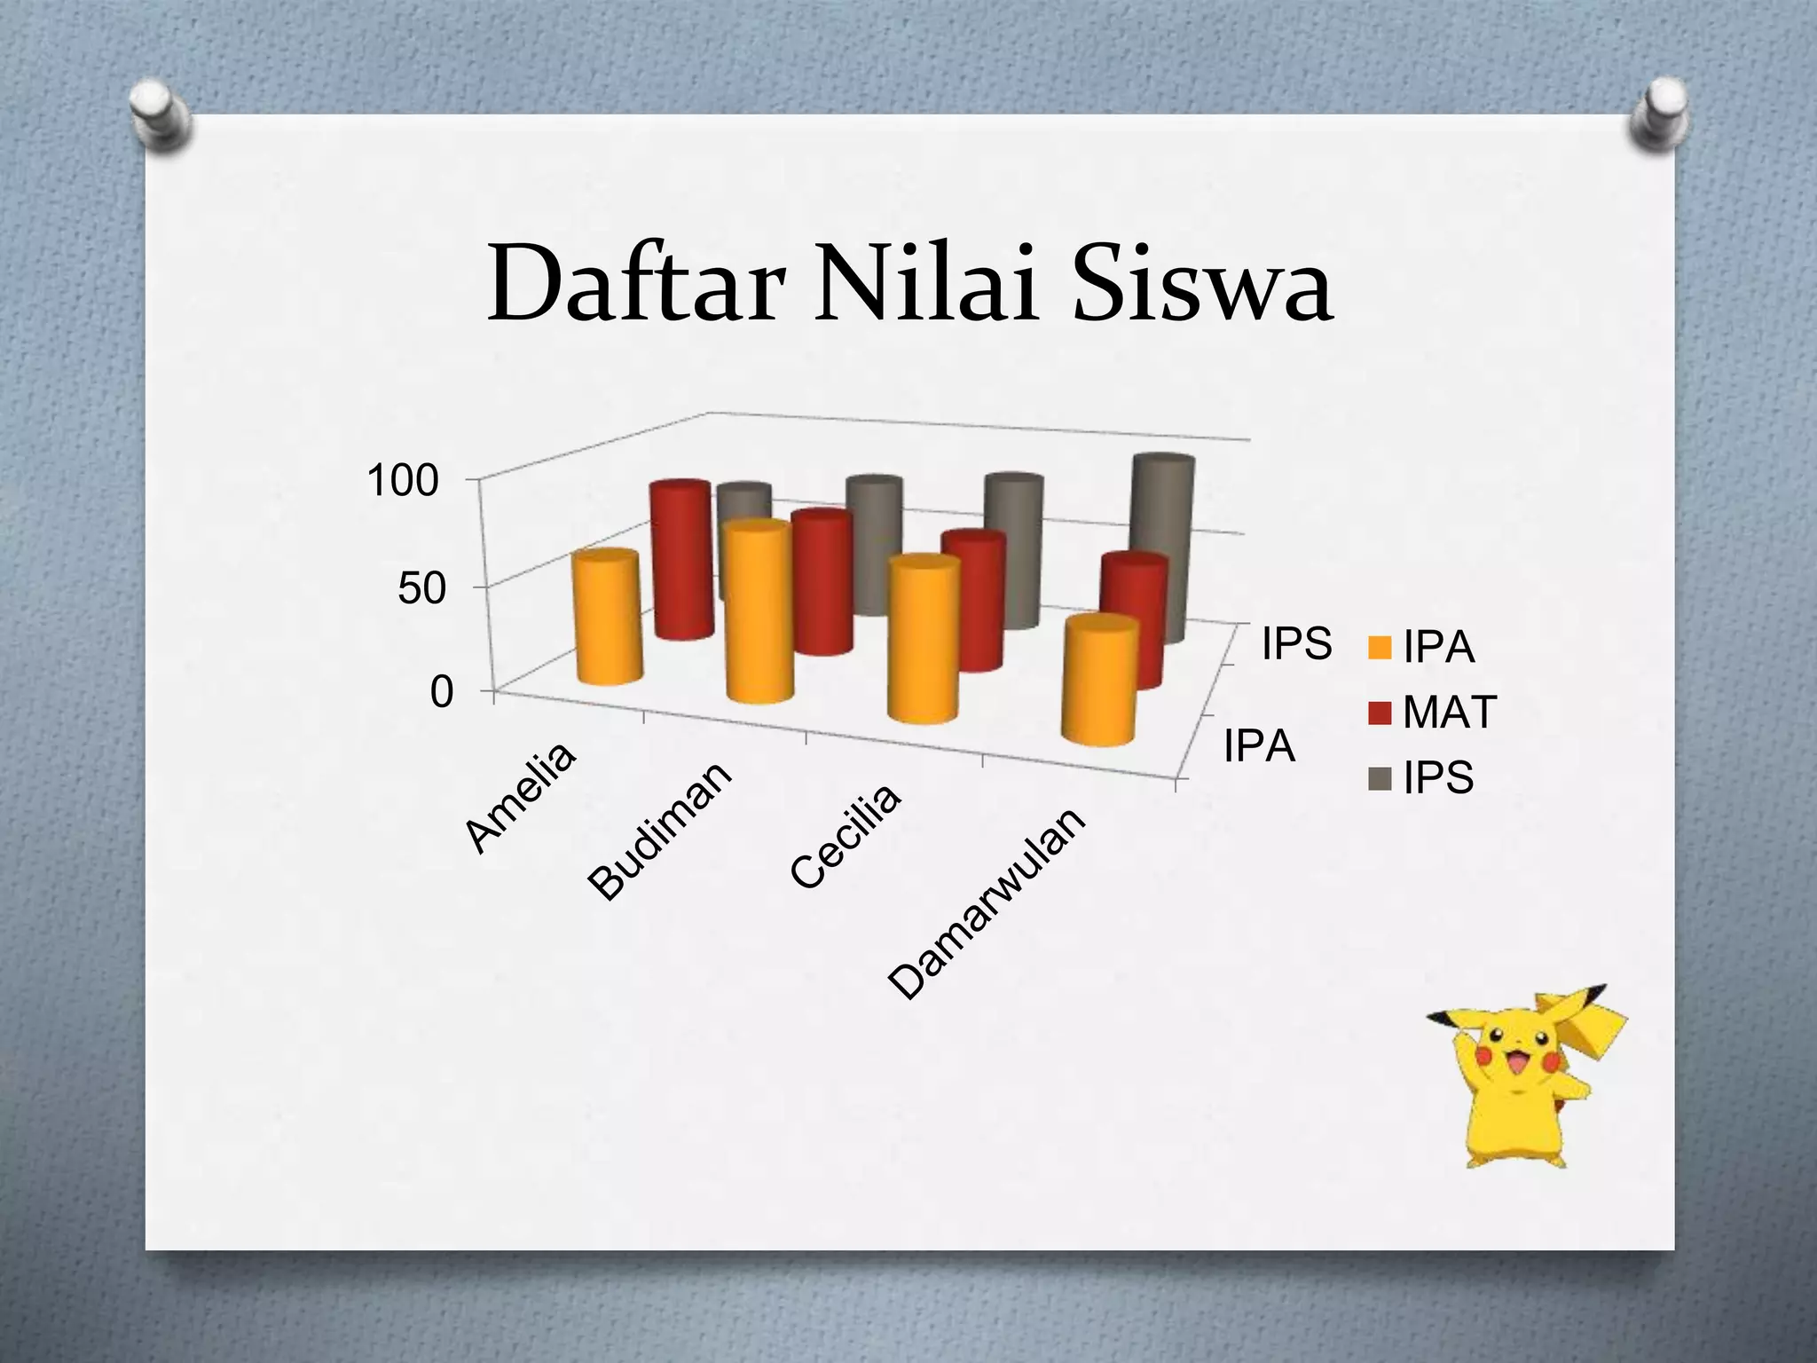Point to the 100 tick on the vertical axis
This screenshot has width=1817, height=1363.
click(x=403, y=481)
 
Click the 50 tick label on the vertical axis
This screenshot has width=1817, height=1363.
click(x=421, y=587)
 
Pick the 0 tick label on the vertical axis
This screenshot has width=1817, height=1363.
click(x=441, y=692)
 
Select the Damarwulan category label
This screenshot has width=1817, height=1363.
click(x=987, y=902)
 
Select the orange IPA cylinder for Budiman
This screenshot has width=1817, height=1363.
click(x=757, y=612)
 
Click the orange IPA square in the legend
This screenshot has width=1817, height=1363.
click(x=1380, y=648)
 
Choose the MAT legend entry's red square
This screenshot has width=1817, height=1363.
click(x=1380, y=713)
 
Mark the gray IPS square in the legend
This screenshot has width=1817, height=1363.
click(x=1380, y=778)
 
